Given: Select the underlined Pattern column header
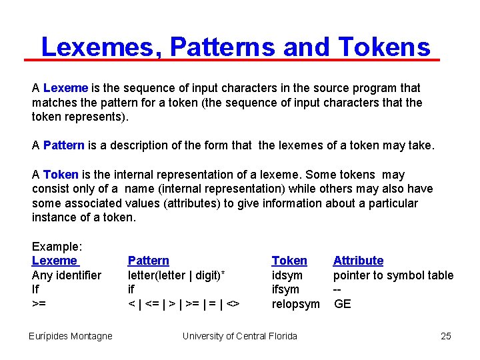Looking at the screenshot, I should (x=148, y=261).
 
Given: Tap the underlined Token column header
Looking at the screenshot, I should (x=289, y=261).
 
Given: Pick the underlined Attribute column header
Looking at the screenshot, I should (x=358, y=261).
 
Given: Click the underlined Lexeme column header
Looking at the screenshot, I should (x=55, y=261).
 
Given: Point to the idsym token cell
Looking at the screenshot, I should (x=287, y=275).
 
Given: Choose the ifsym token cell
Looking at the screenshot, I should (x=285, y=289).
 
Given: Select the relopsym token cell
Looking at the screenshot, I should (x=296, y=304).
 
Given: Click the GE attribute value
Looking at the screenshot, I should (x=343, y=304).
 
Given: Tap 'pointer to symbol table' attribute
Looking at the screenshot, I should (x=393, y=275).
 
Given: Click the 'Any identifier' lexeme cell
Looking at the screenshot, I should (x=67, y=275).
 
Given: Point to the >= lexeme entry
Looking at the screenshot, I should (x=39, y=304).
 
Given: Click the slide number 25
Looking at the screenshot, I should (x=446, y=336).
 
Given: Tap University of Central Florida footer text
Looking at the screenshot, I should (x=240, y=336).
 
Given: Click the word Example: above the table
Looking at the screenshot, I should (x=57, y=246).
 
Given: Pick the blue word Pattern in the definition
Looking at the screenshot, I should (x=64, y=145).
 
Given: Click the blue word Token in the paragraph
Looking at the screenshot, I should (x=61, y=175).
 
